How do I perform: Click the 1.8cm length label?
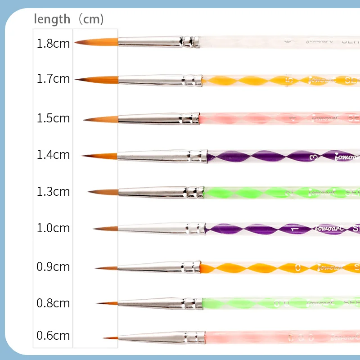point(53,44)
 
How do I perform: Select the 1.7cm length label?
point(53,79)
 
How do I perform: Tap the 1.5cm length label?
point(53,118)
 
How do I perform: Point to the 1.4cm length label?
point(53,155)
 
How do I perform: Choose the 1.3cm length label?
point(53,192)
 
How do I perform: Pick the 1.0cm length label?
point(53,228)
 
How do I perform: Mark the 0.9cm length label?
point(53,266)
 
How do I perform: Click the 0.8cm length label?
point(53,303)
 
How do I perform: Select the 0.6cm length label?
point(53,335)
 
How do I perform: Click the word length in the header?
point(52,19)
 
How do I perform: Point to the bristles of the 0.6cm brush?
point(112,337)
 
